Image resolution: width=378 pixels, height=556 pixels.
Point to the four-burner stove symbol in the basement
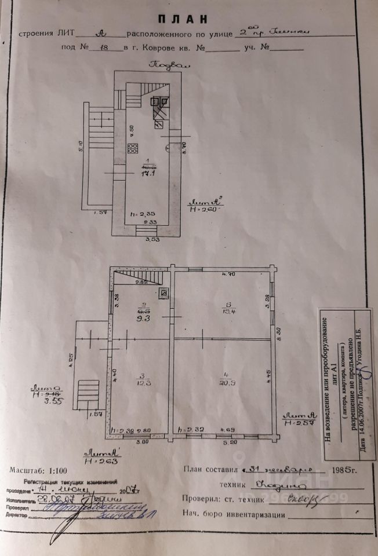pos(133,148)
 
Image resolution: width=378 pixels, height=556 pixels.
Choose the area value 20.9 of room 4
pos(223,383)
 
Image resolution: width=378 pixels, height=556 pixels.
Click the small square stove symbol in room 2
pos(164,292)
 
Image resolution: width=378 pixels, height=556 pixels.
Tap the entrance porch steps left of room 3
pos(89,393)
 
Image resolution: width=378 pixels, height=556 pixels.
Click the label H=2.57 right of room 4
pos(299,420)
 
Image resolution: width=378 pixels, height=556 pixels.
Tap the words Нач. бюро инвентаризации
pos(233,514)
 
